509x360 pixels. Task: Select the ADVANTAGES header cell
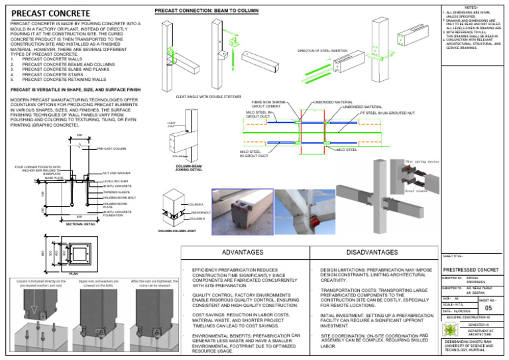pos(242,253)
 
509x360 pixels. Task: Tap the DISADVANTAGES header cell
pos(371,253)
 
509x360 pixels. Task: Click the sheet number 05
pos(488,308)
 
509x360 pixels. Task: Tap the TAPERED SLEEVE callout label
pos(116,192)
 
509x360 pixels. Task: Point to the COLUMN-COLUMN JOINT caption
pos(179,231)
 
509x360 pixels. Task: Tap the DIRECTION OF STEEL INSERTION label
pos(322,50)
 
